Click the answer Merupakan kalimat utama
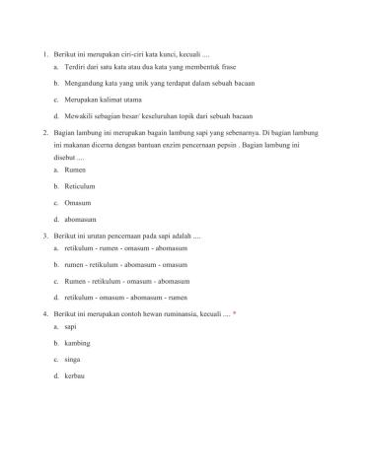click(x=103, y=99)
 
